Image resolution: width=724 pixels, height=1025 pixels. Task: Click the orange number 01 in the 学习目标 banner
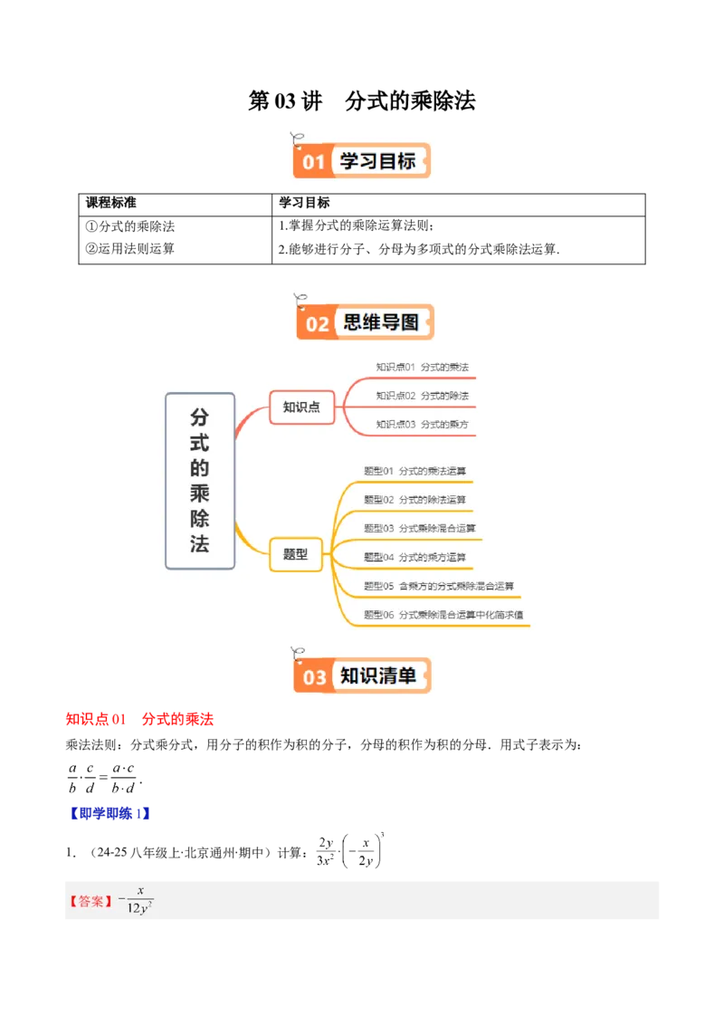click(313, 162)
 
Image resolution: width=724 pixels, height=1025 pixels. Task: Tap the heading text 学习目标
click(377, 161)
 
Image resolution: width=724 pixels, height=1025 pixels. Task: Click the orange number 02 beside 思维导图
click(317, 323)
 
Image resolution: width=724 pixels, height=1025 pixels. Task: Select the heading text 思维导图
click(381, 322)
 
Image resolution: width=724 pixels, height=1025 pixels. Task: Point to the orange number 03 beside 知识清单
click(314, 677)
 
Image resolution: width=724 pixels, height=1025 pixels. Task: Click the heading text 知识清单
click(378, 675)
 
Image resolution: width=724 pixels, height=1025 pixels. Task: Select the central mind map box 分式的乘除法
click(200, 480)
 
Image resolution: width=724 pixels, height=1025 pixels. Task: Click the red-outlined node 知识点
click(301, 407)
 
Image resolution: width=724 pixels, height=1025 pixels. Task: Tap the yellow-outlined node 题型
click(296, 553)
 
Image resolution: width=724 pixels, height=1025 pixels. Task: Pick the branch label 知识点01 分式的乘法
click(422, 367)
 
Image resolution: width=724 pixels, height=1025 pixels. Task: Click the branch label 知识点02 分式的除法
click(422, 396)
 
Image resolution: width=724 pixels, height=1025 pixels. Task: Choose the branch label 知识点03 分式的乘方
click(422, 424)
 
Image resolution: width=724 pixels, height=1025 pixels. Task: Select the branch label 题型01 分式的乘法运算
click(414, 471)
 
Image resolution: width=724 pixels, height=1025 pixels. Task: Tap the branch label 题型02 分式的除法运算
click(414, 500)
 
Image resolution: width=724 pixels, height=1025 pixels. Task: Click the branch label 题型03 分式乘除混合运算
click(419, 528)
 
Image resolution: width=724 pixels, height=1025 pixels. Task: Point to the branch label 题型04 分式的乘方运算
click(414, 557)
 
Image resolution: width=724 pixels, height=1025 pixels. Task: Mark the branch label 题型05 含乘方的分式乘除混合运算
click(438, 586)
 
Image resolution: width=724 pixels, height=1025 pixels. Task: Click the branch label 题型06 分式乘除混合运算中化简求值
click(443, 615)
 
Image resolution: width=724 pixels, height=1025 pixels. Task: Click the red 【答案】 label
click(91, 901)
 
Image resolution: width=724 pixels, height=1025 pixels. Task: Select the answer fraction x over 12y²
click(138, 900)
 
